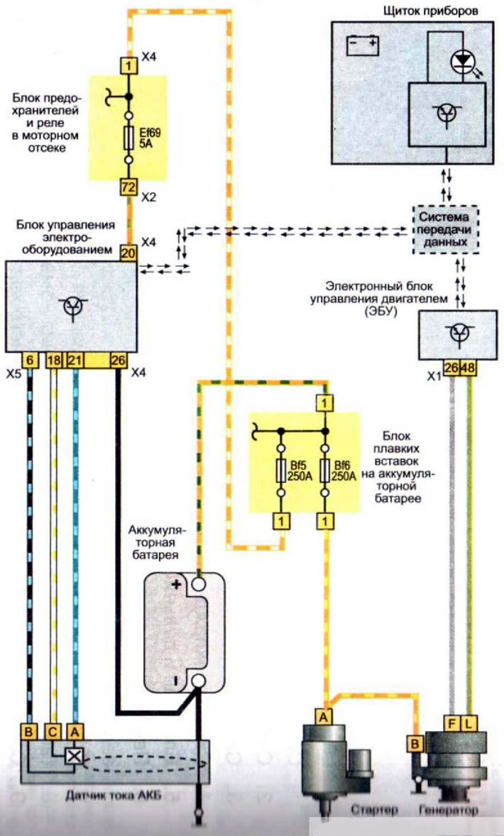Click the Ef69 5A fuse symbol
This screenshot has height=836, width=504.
tap(128, 138)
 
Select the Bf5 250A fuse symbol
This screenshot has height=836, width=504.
tap(280, 472)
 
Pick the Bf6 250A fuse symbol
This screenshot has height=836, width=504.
tap(325, 472)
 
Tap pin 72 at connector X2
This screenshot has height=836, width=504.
tap(128, 187)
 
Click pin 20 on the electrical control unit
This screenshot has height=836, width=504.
tap(128, 253)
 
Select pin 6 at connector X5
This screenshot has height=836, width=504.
tap(30, 361)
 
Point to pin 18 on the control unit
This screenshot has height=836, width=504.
tap(54, 361)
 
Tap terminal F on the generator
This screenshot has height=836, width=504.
tap(451, 723)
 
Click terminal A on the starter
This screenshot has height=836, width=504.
tap(323, 717)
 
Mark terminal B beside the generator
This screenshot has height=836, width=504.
tap(415, 743)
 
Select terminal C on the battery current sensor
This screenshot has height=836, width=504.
tap(53, 732)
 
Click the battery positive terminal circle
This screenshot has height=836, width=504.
tap(198, 584)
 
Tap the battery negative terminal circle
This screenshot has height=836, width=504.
tap(198, 681)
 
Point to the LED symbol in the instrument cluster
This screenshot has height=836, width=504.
tap(462, 62)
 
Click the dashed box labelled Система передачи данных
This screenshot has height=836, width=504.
tap(446, 229)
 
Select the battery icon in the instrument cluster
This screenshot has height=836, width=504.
tap(363, 45)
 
